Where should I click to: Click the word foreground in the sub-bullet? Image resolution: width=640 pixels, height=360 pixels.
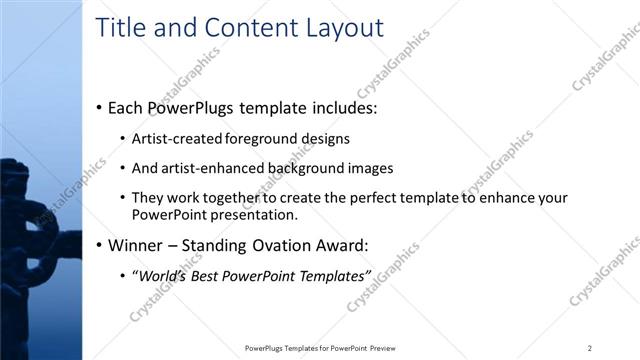point(262,139)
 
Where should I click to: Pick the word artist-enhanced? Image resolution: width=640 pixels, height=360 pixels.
point(211,169)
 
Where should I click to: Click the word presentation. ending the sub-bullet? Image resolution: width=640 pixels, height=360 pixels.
point(253,215)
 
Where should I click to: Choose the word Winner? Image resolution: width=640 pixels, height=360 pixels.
point(137,245)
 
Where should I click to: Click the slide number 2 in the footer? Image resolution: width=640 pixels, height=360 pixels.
point(589,348)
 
